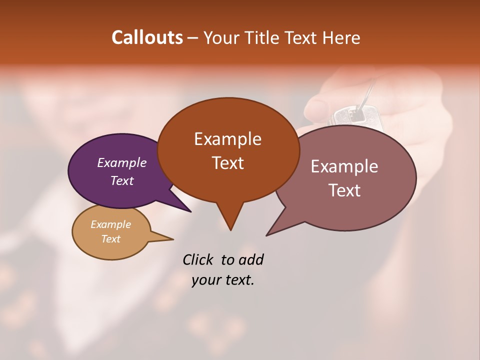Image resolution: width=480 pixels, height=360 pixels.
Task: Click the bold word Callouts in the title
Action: tap(147, 37)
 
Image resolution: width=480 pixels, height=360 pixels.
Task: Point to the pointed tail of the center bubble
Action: tap(230, 227)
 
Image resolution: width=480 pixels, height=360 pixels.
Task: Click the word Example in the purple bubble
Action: tap(121, 163)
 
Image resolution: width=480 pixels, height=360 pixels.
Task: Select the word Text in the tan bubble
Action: tap(111, 239)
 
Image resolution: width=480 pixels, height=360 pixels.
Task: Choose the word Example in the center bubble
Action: tap(228, 139)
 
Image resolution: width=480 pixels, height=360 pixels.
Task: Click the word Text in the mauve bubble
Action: tap(344, 190)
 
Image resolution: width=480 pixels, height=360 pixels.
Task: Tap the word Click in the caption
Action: tap(198, 259)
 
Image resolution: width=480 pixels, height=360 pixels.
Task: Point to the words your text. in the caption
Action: tap(223, 280)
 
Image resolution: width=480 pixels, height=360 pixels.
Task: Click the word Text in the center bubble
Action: tap(228, 163)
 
